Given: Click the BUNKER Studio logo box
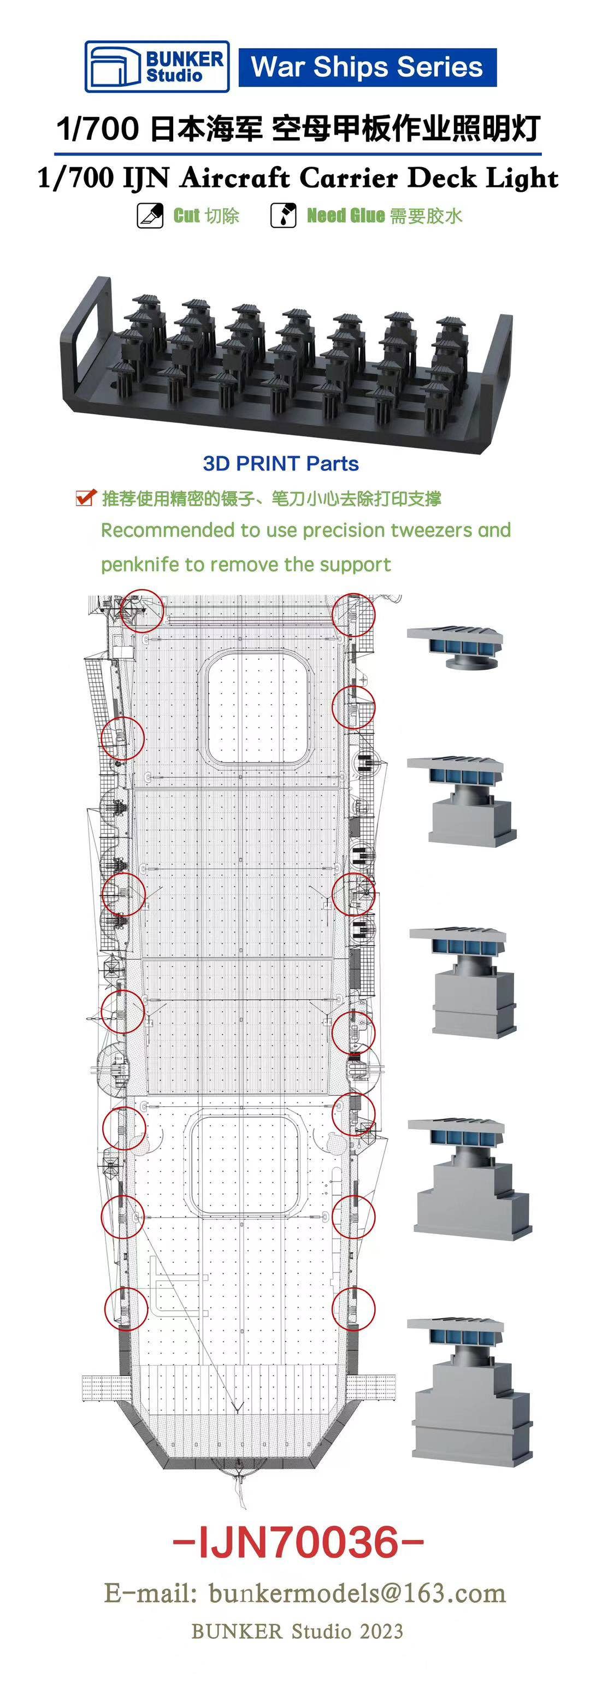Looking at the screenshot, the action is [x=157, y=67].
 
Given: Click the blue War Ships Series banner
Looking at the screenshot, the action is [x=367, y=67].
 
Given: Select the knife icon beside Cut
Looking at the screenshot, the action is [x=150, y=216].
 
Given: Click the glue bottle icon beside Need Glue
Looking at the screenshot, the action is [x=283, y=216].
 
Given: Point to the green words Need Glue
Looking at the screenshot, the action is [x=345, y=216].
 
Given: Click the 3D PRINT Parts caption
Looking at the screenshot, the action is [x=281, y=463].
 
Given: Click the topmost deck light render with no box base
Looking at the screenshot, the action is [x=455, y=646].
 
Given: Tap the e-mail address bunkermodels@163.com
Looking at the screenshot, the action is [x=357, y=1593].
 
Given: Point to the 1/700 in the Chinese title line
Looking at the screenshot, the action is [x=98, y=129].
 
